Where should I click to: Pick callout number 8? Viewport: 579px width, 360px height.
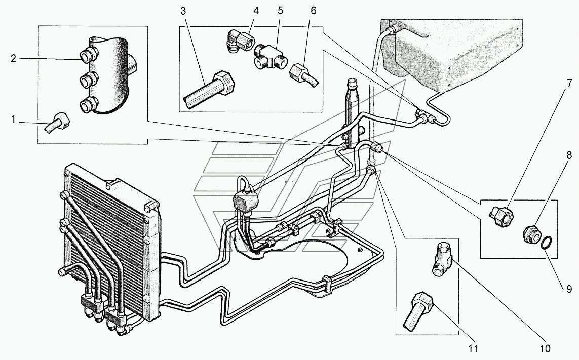(x=569, y=156)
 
